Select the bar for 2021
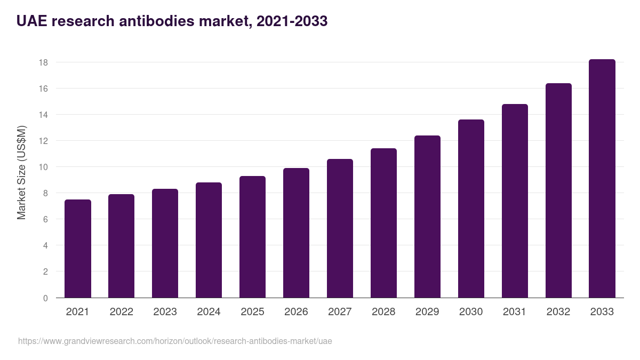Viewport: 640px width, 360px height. point(78,249)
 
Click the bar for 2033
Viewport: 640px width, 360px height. point(602,179)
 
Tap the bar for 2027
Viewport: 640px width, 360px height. point(340,228)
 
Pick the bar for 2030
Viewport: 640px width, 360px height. point(471,209)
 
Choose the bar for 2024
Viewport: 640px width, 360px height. point(209,240)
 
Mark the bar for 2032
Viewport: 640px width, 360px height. point(558,190)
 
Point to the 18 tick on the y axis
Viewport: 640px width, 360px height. point(43,62)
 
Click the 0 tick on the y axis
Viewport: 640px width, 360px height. point(45,298)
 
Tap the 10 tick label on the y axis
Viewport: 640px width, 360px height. point(43,167)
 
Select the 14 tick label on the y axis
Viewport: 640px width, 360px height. point(43,115)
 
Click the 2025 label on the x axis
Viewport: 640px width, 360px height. point(252,312)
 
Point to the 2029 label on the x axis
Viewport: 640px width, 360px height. point(427,312)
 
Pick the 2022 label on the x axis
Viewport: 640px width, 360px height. point(121,312)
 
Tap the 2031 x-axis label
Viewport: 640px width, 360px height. point(515,312)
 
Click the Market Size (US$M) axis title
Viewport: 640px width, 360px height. point(21,172)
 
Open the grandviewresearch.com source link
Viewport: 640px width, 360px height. point(175,341)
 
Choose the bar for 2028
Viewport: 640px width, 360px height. point(383,223)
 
